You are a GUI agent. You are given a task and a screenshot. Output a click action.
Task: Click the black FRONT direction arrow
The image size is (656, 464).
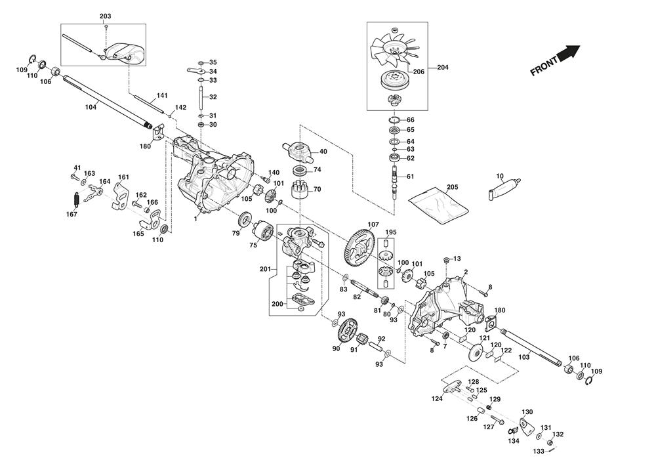coord(569,53)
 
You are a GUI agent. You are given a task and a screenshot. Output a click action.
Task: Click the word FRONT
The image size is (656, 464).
coord(544,66)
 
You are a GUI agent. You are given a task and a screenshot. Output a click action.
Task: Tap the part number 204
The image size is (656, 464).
coord(442,67)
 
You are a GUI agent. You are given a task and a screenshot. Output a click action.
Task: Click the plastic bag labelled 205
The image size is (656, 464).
coord(439,203)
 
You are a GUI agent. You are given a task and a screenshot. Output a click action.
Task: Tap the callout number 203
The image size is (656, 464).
coord(106,16)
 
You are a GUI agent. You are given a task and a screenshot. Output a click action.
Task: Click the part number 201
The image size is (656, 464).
coord(264,270)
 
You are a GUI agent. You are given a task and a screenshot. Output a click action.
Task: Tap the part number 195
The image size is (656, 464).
coord(391,232)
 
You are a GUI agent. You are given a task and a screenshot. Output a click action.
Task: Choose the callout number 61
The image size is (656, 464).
coord(411,177)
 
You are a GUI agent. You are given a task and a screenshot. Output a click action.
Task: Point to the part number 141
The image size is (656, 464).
coord(162,96)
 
